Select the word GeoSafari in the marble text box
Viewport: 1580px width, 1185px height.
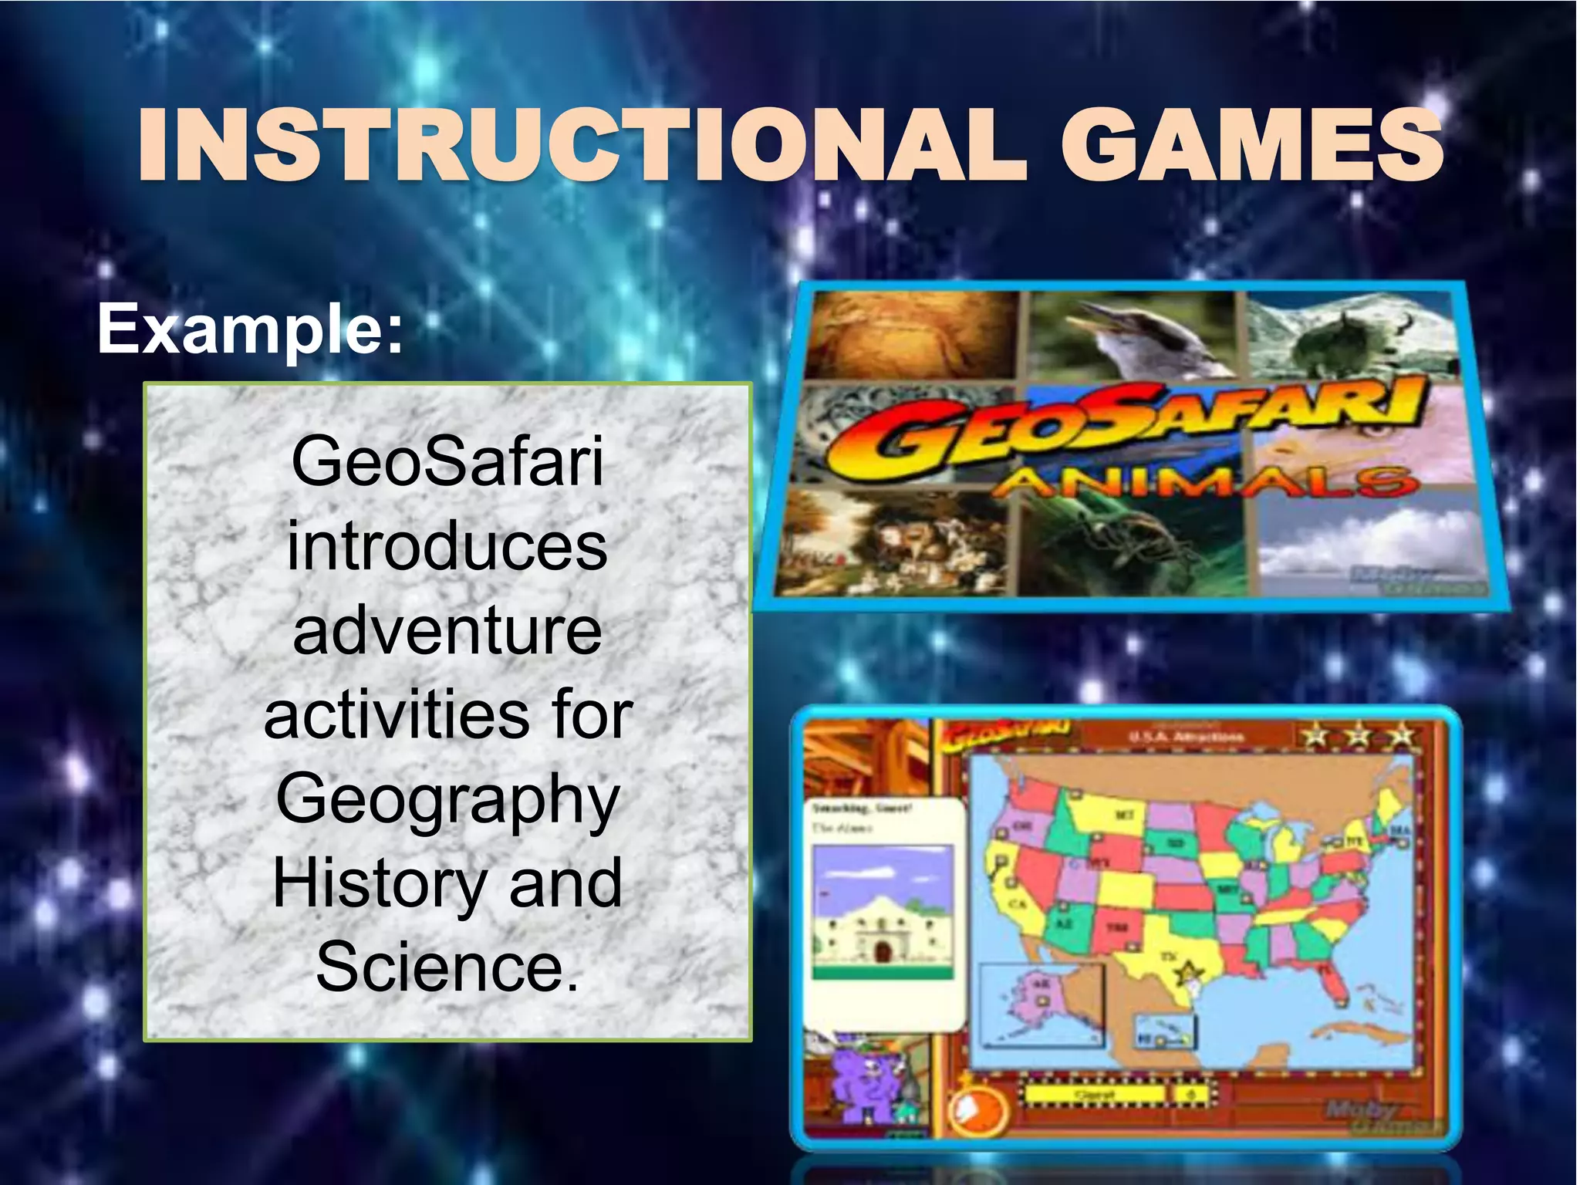[x=447, y=462]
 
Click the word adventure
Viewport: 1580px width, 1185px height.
[x=447, y=631]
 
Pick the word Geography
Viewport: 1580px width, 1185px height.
[x=447, y=801]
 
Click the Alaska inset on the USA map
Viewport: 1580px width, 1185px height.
[x=1038, y=1003]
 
